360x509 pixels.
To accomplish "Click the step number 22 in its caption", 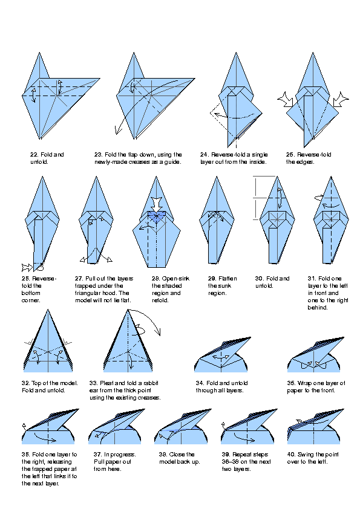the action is (x=34, y=155).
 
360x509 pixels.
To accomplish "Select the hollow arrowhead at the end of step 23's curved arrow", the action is (x=118, y=130).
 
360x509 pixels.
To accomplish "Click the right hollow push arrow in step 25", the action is (x=341, y=99).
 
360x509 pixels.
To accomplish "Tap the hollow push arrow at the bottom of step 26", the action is (x=27, y=267).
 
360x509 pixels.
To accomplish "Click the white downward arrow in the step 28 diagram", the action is (x=156, y=204).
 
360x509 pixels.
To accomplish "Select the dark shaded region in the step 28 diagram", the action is (x=156, y=216).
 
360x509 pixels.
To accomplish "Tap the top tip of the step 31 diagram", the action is (x=331, y=177).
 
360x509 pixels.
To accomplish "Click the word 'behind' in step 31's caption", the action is (x=317, y=308).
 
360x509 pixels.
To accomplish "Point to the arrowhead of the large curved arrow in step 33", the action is (x=159, y=332).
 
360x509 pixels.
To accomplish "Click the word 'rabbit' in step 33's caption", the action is (x=151, y=383).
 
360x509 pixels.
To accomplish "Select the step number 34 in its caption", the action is (x=200, y=383).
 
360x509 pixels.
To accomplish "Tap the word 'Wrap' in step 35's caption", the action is (x=304, y=383).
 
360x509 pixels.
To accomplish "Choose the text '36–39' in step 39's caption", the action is (x=230, y=462).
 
